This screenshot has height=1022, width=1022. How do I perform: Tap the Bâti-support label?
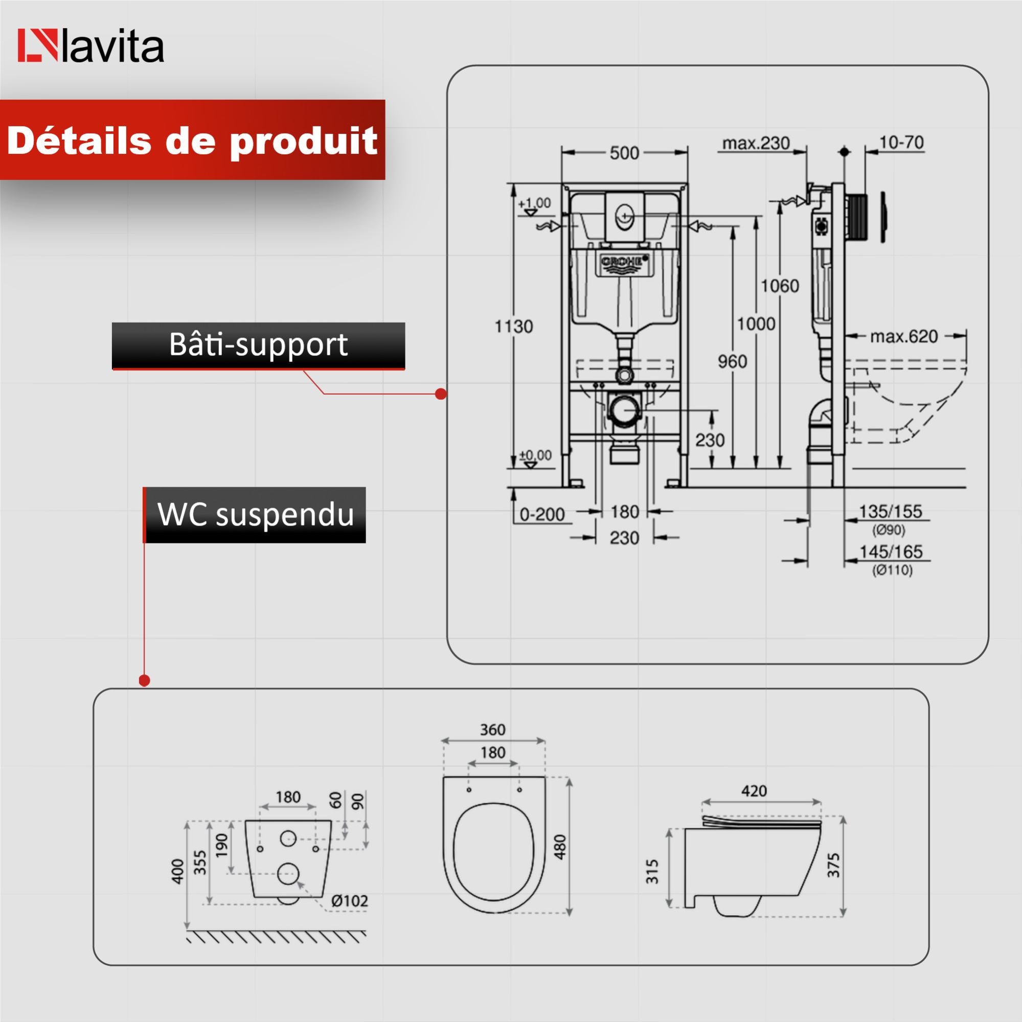tap(258, 345)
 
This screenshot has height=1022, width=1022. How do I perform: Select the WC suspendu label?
tap(256, 514)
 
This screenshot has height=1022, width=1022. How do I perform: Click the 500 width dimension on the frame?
tap(624, 153)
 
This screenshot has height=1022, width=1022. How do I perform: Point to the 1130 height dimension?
tap(514, 326)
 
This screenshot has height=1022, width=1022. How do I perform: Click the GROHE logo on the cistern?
tap(624, 261)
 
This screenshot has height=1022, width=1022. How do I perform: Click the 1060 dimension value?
tap(779, 286)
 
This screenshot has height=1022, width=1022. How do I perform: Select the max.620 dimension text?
tap(903, 336)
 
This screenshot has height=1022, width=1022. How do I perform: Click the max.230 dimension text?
tap(756, 143)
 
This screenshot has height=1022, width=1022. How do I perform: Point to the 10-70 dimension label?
tap(901, 143)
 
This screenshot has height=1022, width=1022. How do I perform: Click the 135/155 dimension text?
tap(890, 512)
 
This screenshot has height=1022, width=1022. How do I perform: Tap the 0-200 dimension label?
tap(542, 514)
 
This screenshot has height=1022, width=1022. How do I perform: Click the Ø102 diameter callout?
tap(349, 901)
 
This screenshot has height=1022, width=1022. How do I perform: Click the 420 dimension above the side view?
tap(754, 791)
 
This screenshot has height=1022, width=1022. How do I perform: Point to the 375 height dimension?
tap(833, 865)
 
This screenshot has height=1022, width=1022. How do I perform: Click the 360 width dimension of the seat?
tap(492, 730)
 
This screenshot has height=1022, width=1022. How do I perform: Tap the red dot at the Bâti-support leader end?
tap(440, 394)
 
